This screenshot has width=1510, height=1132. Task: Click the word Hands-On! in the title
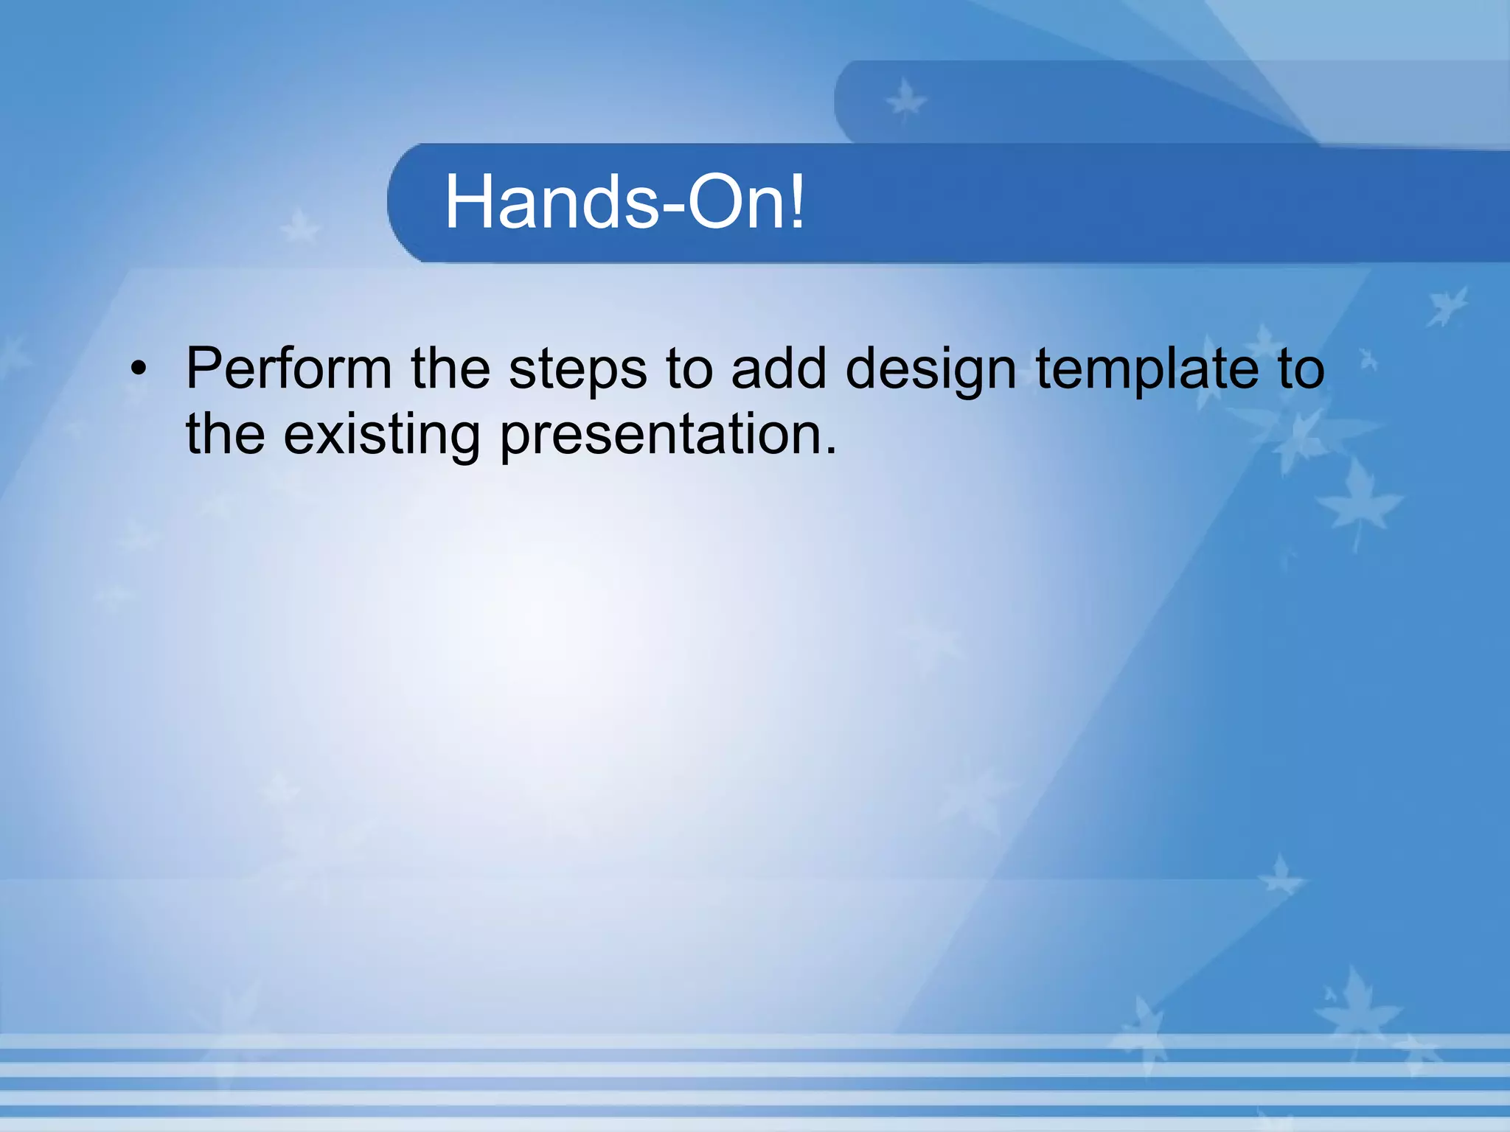624,203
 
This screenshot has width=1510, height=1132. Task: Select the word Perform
288,368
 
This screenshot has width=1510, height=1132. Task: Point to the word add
779,368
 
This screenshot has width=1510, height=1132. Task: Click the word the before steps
450,368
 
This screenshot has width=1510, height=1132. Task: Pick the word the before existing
225,435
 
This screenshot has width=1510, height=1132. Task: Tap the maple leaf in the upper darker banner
905,100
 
